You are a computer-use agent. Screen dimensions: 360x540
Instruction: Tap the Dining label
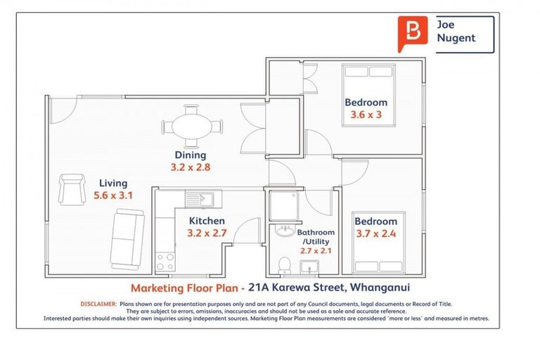191,155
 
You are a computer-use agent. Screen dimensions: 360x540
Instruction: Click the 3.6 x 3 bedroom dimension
365,115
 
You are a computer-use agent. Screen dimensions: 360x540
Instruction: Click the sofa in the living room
128,240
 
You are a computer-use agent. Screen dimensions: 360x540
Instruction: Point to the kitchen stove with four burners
165,262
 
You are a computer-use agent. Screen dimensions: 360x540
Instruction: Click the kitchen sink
194,198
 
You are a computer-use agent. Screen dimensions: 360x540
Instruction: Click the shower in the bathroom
284,203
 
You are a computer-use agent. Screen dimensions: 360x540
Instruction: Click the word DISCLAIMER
98,304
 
